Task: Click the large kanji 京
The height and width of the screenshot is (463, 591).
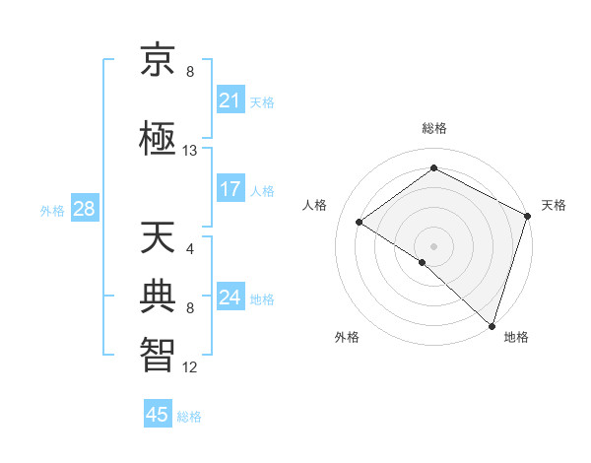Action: click(x=160, y=62)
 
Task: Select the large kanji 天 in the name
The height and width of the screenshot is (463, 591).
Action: click(x=160, y=239)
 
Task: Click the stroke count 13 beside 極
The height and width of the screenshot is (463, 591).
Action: click(x=190, y=151)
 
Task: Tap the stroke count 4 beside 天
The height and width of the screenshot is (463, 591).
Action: click(x=190, y=248)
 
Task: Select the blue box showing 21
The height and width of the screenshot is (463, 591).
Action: click(x=230, y=99)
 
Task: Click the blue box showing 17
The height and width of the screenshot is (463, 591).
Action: click(x=230, y=189)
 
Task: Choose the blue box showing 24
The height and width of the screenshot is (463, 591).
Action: click(x=230, y=298)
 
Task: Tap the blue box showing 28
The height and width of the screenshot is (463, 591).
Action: click(x=83, y=209)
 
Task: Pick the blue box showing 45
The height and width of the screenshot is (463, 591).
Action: click(x=158, y=415)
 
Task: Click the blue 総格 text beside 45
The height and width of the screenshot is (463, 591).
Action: click(x=189, y=417)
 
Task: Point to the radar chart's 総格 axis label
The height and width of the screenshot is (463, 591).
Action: click(x=433, y=128)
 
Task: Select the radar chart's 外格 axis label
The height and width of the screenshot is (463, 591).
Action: click(x=347, y=337)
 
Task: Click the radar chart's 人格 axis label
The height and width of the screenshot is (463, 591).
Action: click(x=315, y=205)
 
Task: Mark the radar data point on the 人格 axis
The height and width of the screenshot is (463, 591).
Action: click(x=360, y=223)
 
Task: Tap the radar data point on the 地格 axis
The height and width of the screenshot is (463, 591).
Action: click(x=492, y=325)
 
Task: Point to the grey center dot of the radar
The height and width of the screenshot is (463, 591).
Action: click(x=433, y=245)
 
